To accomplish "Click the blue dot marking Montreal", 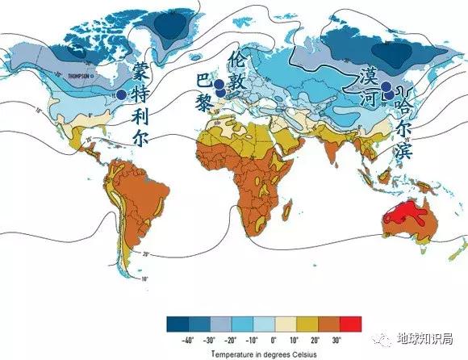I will click(121, 94).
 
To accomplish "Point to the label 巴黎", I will click(204, 93).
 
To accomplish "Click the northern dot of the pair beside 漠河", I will click(386, 86).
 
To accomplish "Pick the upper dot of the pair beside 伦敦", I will click(218, 84).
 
